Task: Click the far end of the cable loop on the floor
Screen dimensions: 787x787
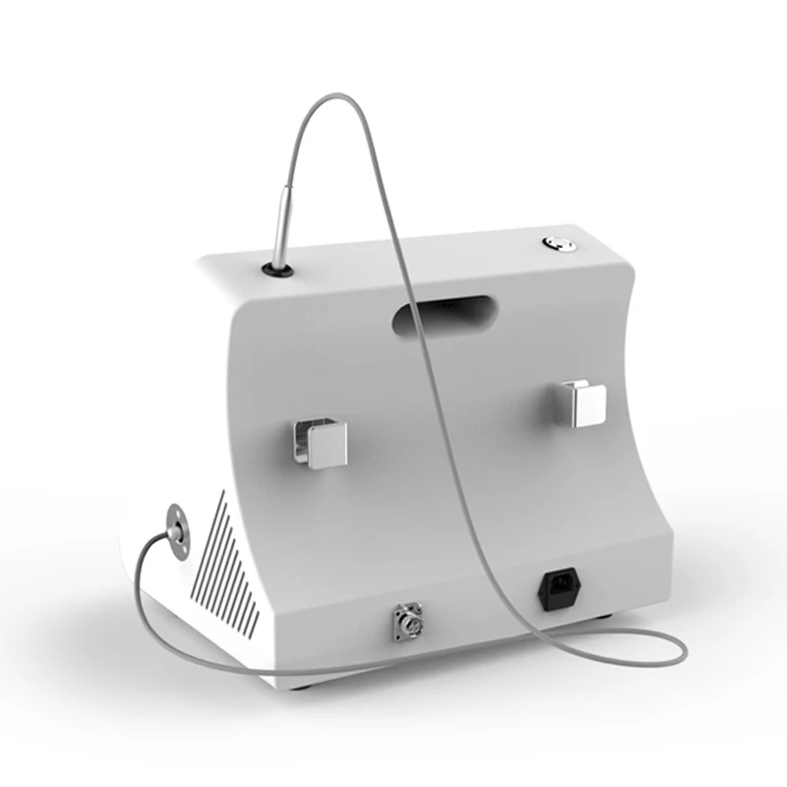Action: click(683, 646)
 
